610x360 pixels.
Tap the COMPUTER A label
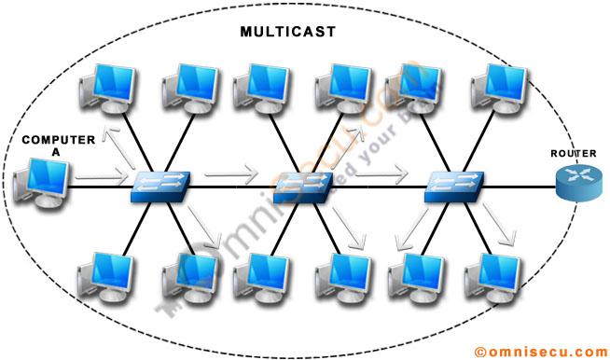(x=59, y=145)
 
